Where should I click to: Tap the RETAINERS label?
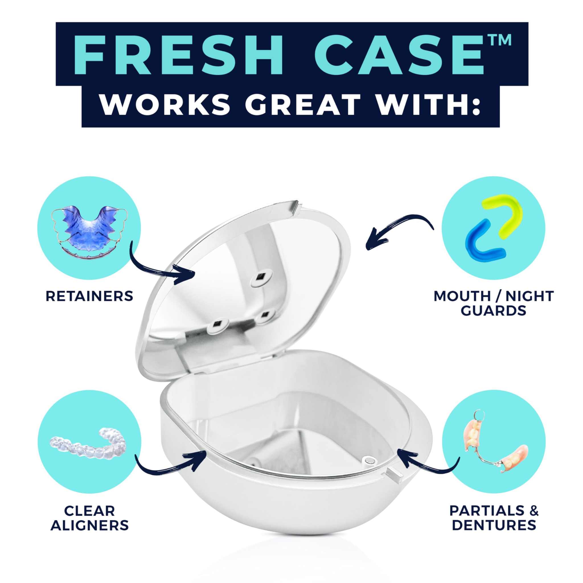[x=89, y=296]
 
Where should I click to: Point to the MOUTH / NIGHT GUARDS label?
[x=494, y=303]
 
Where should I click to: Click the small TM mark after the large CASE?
[x=500, y=41]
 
